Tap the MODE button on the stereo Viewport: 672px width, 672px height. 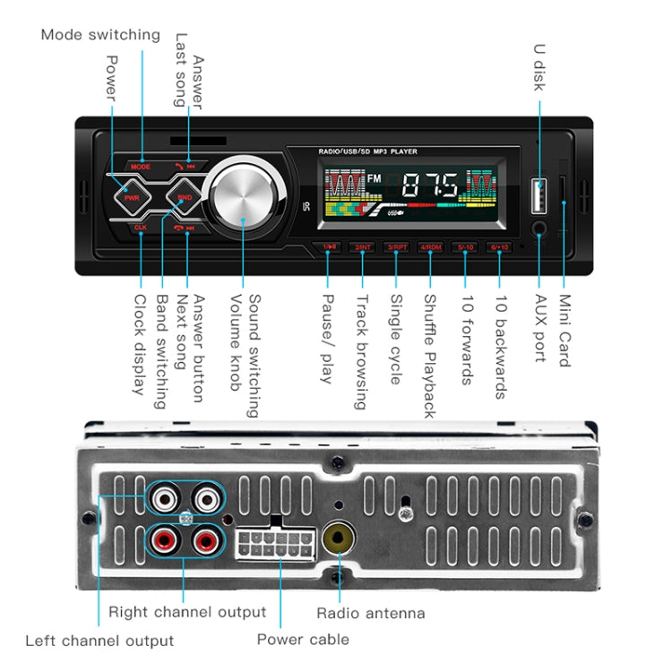click(x=141, y=167)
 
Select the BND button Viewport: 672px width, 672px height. click(x=185, y=196)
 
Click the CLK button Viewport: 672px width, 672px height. click(x=140, y=227)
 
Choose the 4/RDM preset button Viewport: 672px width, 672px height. click(x=431, y=246)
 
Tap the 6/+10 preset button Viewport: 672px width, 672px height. click(x=499, y=246)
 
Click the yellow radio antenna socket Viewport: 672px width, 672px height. click(x=338, y=539)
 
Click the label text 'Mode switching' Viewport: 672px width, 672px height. click(x=100, y=36)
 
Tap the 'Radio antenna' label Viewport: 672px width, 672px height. click(x=370, y=614)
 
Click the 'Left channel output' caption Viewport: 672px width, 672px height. click(x=99, y=641)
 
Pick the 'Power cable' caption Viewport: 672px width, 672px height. click(x=303, y=640)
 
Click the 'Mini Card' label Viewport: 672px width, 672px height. click(x=565, y=331)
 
